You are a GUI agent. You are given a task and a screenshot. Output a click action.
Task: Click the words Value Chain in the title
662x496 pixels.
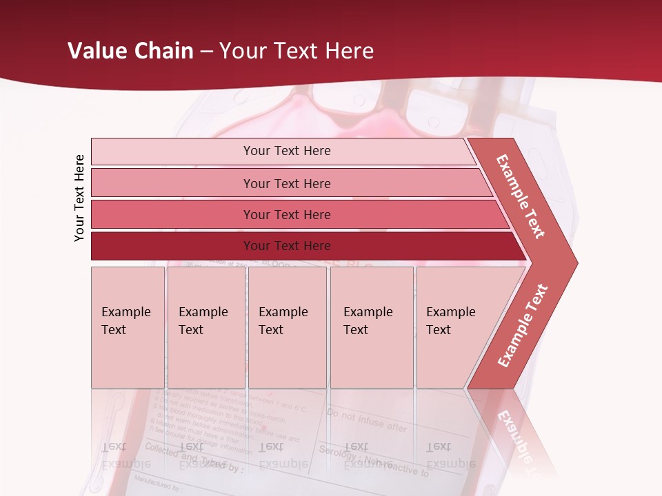[x=130, y=51]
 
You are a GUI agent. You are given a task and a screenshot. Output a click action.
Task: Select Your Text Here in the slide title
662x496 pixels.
[x=297, y=51]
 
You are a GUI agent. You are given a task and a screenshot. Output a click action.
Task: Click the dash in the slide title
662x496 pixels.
[x=206, y=52]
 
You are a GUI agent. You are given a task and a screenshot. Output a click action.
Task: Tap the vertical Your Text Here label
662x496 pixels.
[x=80, y=198]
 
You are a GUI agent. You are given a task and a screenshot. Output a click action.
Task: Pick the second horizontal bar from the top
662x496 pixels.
[x=287, y=183]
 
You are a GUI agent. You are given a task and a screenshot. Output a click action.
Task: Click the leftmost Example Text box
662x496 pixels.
[x=128, y=327]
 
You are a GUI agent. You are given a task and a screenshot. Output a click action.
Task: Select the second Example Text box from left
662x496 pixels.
[x=205, y=327]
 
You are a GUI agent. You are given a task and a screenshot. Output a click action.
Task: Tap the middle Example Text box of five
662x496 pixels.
[x=287, y=327]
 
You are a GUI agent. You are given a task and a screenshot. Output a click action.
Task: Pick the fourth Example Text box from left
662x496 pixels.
[x=371, y=327]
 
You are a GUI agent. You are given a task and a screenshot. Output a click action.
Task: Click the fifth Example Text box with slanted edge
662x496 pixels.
[x=455, y=327]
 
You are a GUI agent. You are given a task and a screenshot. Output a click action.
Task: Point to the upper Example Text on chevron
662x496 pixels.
[x=521, y=196]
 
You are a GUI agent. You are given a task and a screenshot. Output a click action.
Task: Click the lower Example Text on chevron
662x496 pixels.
[x=523, y=326]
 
